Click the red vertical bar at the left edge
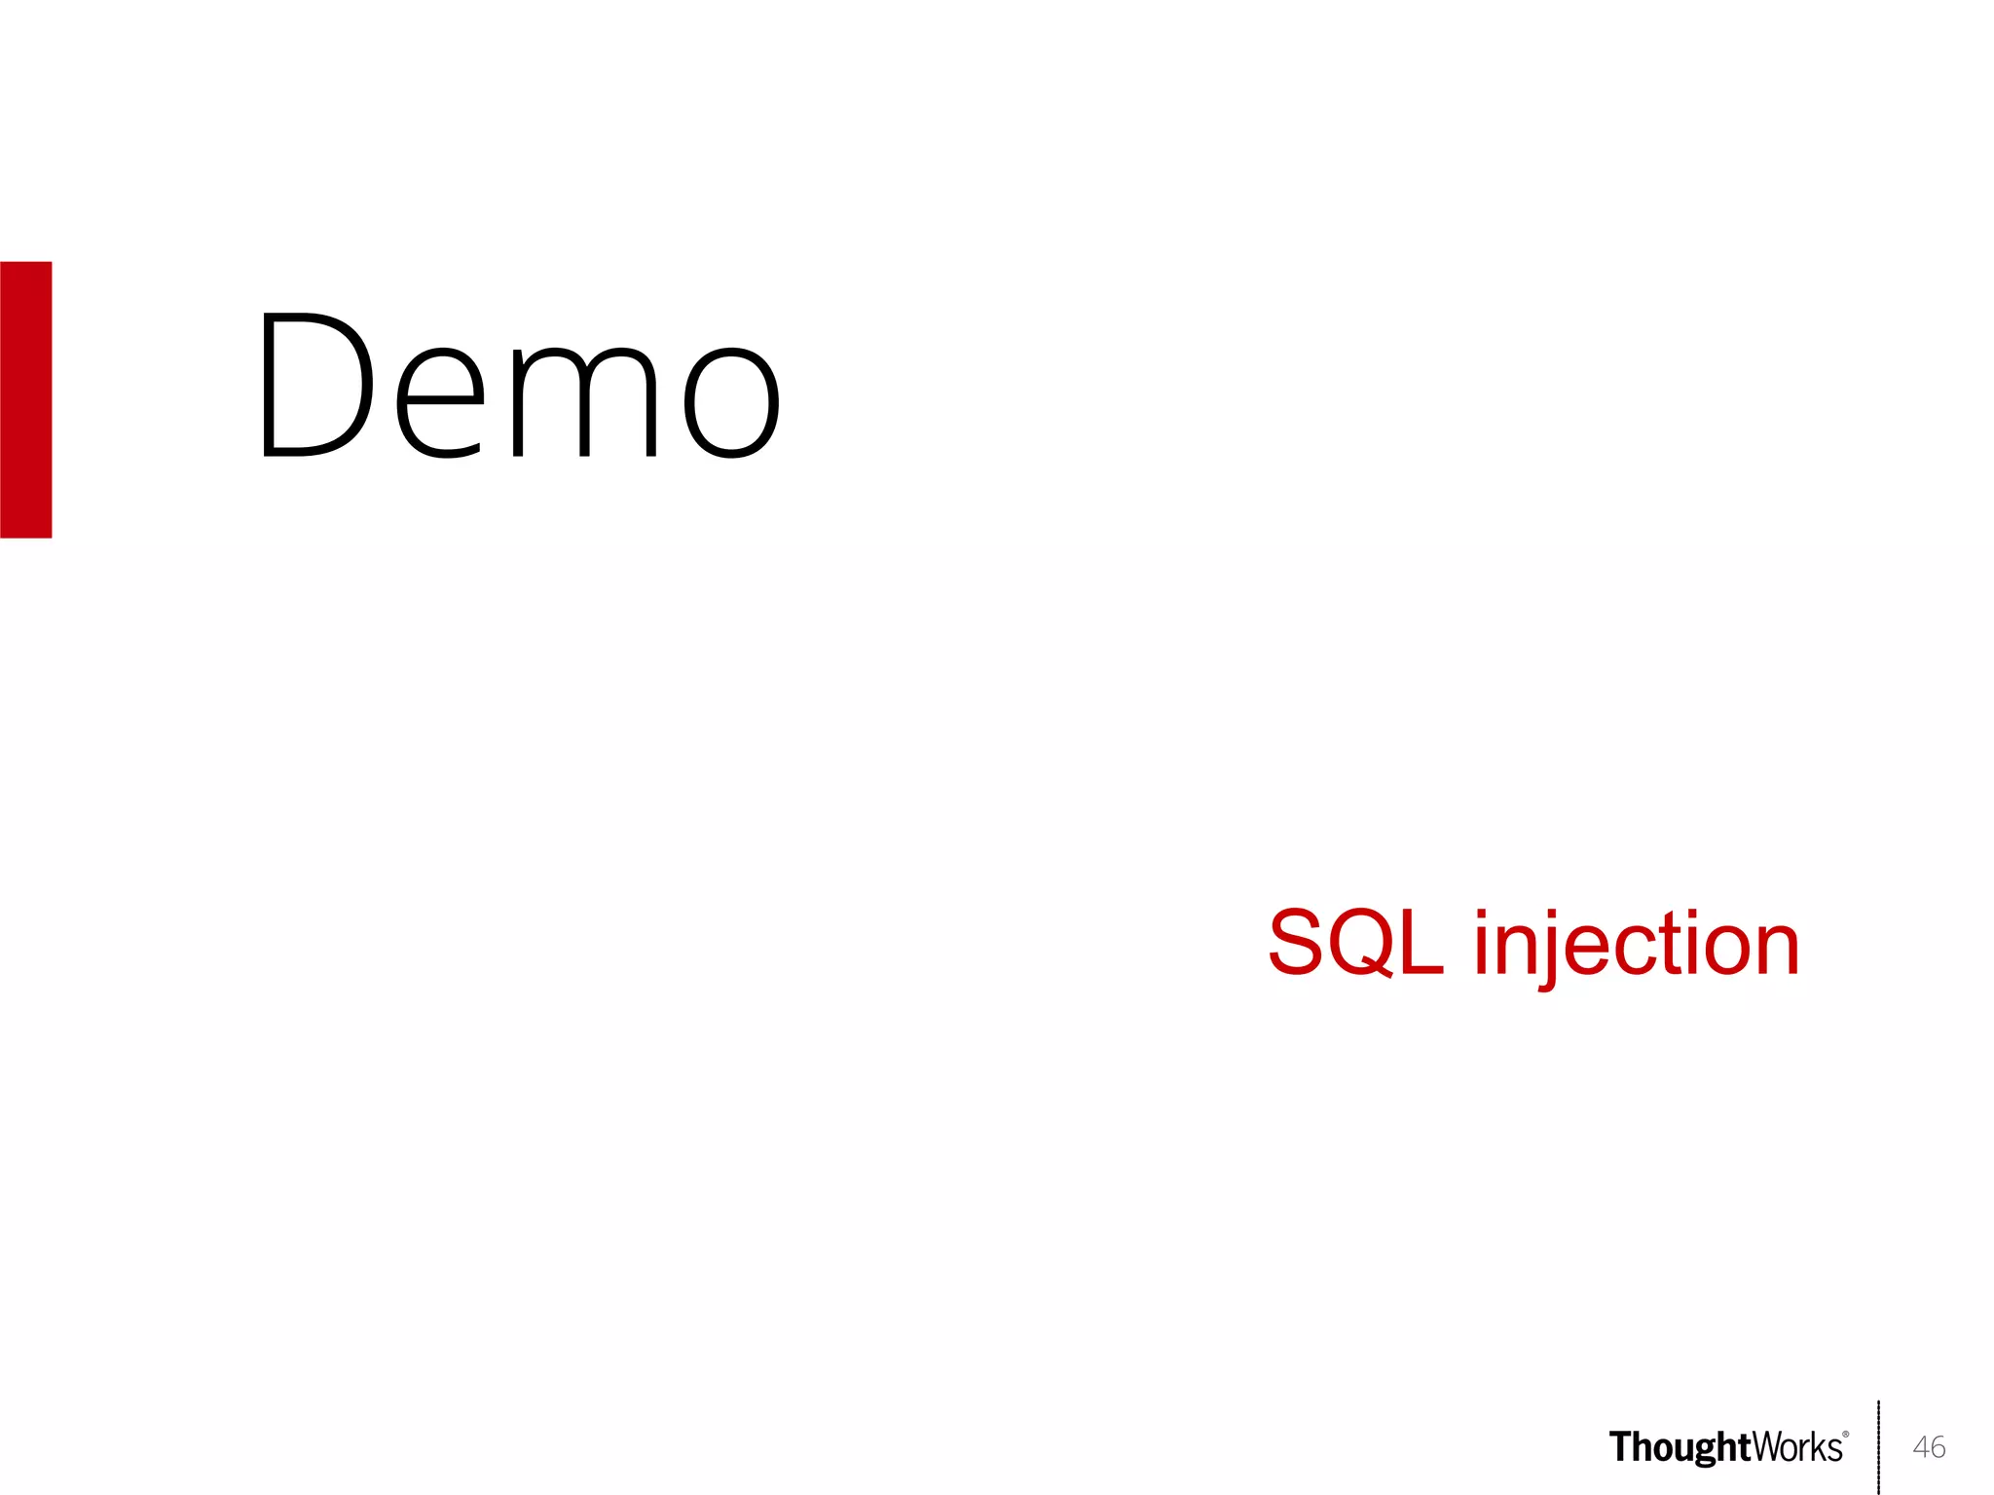[25, 399]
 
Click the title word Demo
[518, 387]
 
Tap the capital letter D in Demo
[317, 385]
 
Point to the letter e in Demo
[440, 403]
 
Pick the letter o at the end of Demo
[731, 403]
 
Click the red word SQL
[1355, 942]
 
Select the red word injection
[1636, 945]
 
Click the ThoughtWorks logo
[1728, 1447]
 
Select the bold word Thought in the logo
[1680, 1448]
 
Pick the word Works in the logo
[1797, 1447]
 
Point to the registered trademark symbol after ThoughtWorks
[1846, 1435]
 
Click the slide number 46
[1929, 1447]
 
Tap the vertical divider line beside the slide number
[1878, 1447]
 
